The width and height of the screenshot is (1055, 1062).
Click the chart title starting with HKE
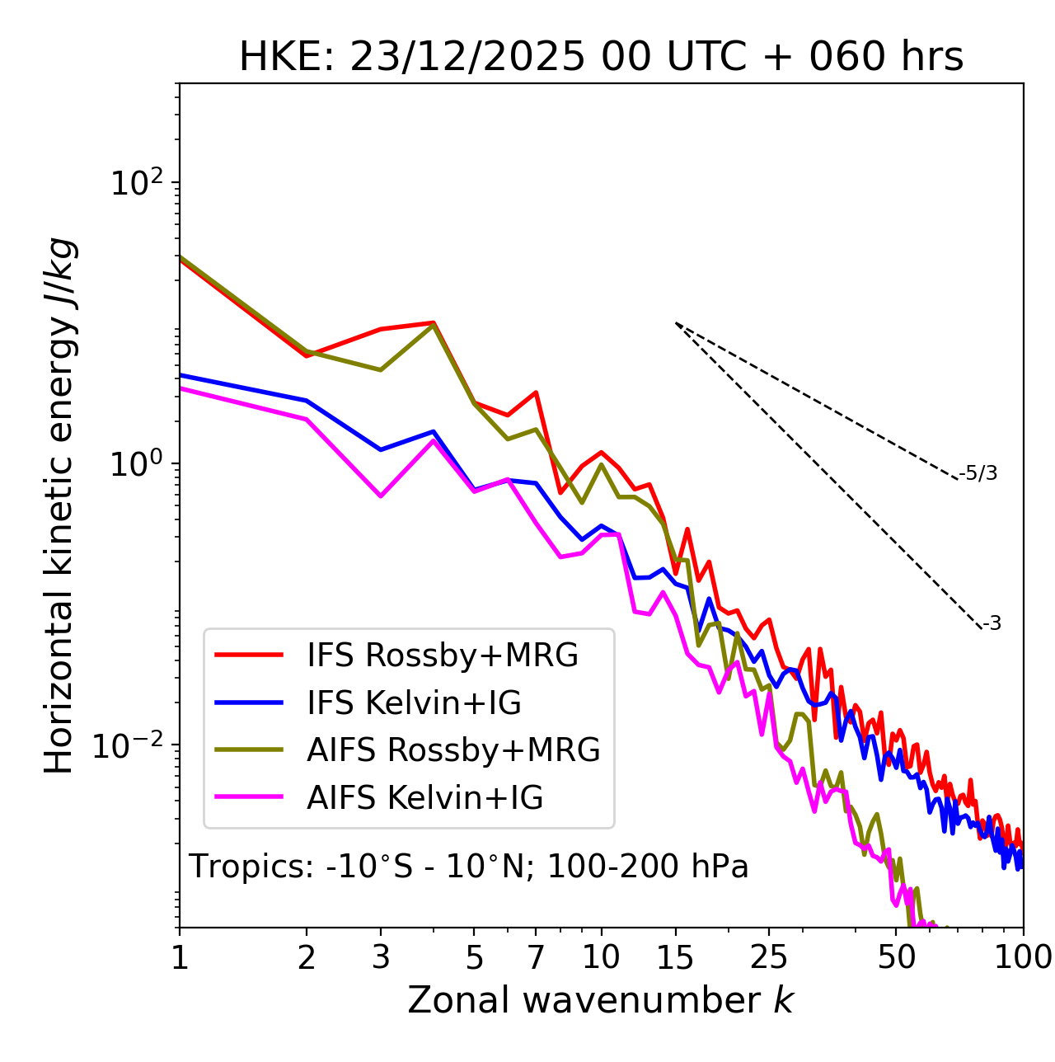(601, 57)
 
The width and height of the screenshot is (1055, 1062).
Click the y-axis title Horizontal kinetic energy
(60, 505)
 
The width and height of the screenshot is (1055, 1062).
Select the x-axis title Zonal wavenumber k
(601, 999)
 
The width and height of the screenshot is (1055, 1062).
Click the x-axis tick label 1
(180, 956)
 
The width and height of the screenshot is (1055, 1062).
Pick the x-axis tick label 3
(380, 956)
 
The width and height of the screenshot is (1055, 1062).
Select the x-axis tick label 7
(536, 956)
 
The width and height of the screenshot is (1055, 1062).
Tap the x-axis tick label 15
(675, 956)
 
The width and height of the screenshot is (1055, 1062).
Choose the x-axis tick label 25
(768, 956)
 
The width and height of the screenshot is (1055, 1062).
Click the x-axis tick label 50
(896, 956)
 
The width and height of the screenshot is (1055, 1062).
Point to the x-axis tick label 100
(1023, 956)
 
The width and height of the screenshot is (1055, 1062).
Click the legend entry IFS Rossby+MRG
(442, 655)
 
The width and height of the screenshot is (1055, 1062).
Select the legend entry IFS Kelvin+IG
(414, 703)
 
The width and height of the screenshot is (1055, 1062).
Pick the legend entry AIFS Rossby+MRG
(453, 750)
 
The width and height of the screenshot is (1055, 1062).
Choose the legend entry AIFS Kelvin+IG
(424, 798)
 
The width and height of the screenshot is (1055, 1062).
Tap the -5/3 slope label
(978, 473)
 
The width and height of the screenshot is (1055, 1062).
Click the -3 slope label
(992, 624)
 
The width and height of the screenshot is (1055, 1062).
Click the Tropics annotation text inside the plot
(468, 867)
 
